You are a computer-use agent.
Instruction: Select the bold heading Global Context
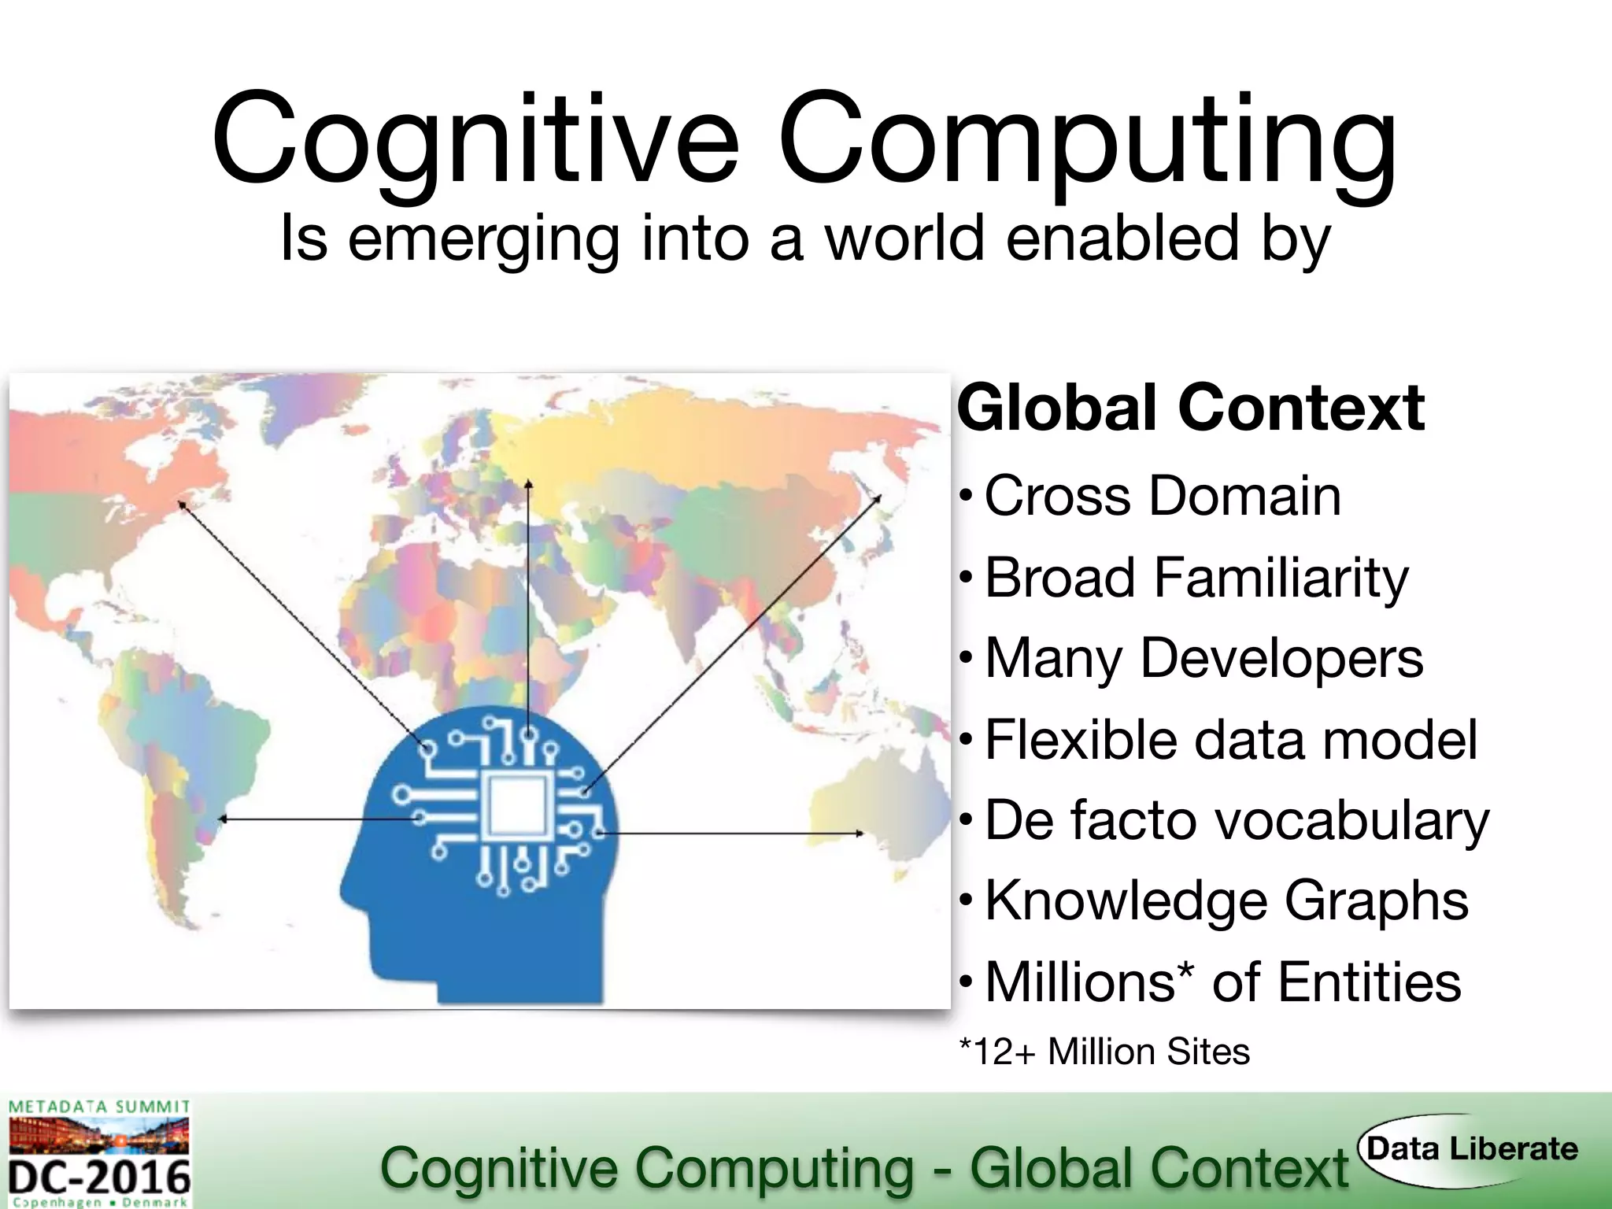click(x=1190, y=408)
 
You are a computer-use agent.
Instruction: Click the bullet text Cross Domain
click(x=1163, y=496)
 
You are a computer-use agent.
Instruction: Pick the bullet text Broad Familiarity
click(x=1196, y=578)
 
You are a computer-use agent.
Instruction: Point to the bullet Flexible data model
click(x=1231, y=740)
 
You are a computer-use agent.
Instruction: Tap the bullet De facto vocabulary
click(x=1237, y=821)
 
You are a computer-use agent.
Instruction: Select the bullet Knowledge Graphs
click(x=1226, y=900)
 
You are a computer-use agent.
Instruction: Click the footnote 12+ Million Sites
click(x=1105, y=1052)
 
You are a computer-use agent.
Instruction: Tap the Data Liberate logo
click(x=1470, y=1149)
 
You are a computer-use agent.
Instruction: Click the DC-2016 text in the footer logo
click(x=100, y=1178)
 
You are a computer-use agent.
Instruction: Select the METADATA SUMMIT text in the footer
click(x=99, y=1107)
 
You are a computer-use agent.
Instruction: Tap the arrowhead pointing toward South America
click(x=223, y=819)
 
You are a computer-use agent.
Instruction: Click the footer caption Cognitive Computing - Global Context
click(x=863, y=1167)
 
